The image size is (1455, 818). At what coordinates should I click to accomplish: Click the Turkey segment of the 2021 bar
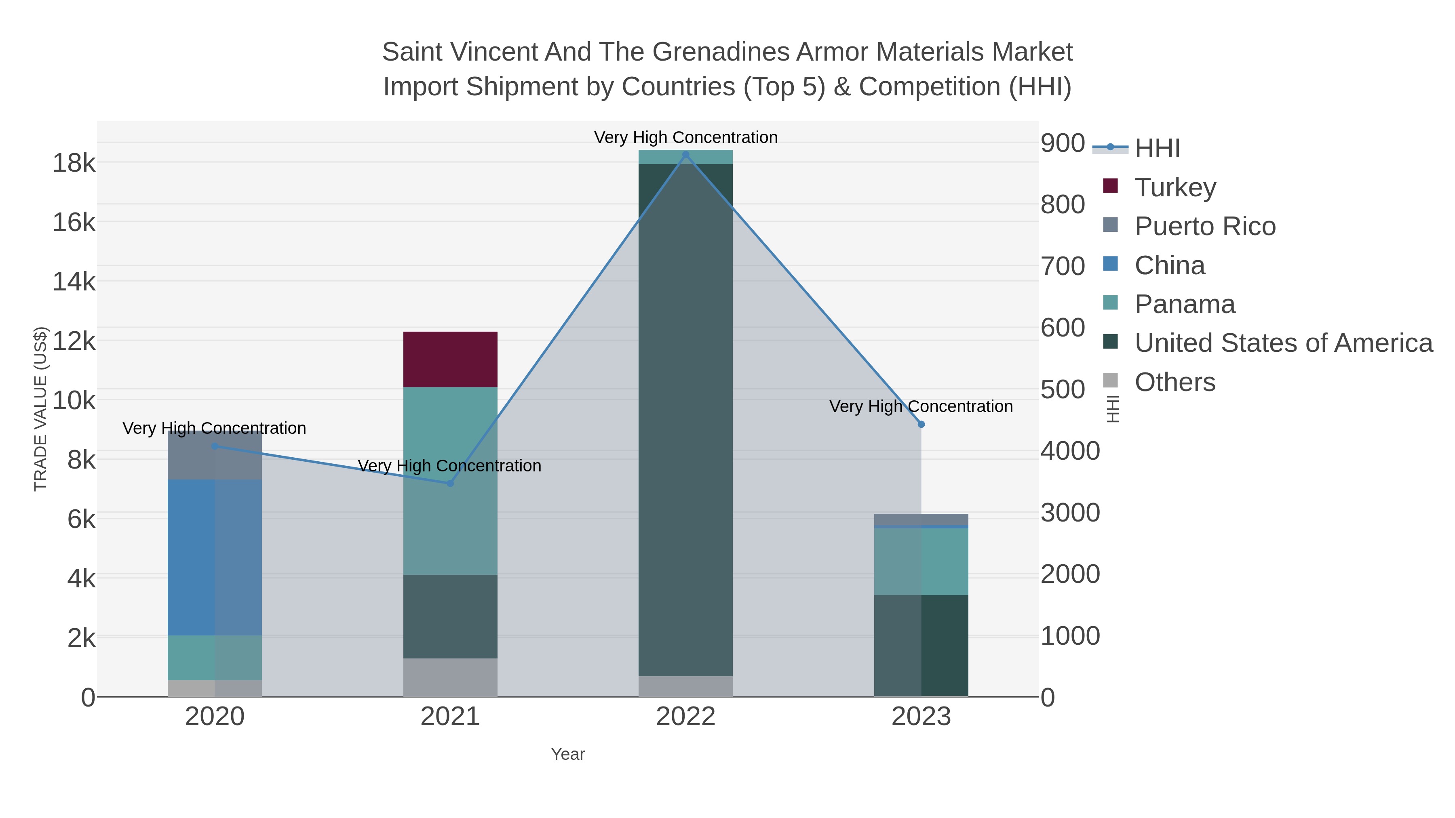click(x=450, y=359)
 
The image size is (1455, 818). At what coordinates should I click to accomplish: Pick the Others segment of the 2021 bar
click(x=450, y=677)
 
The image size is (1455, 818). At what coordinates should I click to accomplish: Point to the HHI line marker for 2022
click(x=686, y=155)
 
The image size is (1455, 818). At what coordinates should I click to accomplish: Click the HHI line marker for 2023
click(x=921, y=424)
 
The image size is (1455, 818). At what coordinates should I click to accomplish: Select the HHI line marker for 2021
click(x=450, y=483)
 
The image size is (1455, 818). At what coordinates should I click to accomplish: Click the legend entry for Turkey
click(x=1175, y=187)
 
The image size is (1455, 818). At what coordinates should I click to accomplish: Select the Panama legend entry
click(x=1185, y=304)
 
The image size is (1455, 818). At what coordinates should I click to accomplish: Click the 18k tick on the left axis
click(x=74, y=164)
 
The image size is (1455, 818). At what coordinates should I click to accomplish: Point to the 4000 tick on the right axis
click(x=1070, y=451)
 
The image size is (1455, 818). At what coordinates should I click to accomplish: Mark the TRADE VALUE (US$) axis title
click(x=41, y=409)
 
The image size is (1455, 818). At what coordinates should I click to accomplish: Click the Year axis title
click(x=568, y=754)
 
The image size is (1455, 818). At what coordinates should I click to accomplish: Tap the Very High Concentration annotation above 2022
click(x=686, y=137)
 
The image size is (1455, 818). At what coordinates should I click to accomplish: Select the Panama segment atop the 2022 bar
click(x=686, y=157)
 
